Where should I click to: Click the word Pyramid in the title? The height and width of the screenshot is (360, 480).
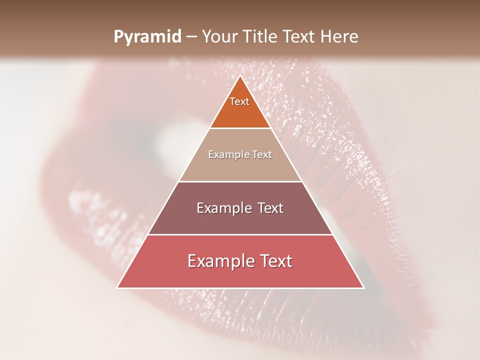tap(147, 37)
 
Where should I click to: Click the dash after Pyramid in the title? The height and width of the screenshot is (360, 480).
tap(190, 37)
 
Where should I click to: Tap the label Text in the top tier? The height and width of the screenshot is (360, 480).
tap(239, 101)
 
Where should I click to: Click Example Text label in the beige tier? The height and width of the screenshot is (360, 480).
tap(240, 154)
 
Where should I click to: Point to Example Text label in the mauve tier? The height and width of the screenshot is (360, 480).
tap(240, 208)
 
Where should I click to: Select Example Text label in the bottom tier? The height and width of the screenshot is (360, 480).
tap(240, 261)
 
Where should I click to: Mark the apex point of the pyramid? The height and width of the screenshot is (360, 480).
tap(240, 76)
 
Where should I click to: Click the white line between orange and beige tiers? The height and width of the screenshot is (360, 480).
tap(240, 128)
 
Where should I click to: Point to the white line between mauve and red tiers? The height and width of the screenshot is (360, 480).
tap(240, 234)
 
